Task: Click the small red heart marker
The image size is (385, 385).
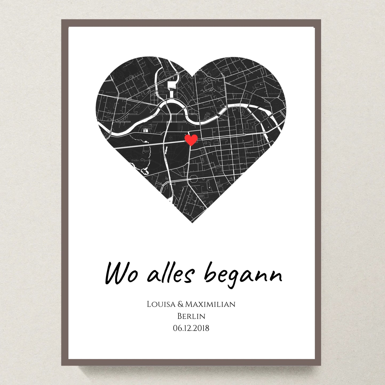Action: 191,139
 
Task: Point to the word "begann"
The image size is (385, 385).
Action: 243,274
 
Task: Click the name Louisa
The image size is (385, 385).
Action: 161,304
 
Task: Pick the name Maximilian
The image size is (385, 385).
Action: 210,304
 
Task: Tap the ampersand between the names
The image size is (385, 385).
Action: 180,304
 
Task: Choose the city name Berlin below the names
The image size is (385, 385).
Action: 191,316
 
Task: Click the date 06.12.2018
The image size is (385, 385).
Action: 191,328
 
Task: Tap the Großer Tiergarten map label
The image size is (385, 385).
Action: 141,160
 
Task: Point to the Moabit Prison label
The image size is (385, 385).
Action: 111,92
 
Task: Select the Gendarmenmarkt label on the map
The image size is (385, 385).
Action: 242,157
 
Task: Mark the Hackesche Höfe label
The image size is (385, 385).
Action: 274,94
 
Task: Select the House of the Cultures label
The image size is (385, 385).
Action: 146,127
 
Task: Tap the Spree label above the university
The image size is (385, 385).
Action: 236,105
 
